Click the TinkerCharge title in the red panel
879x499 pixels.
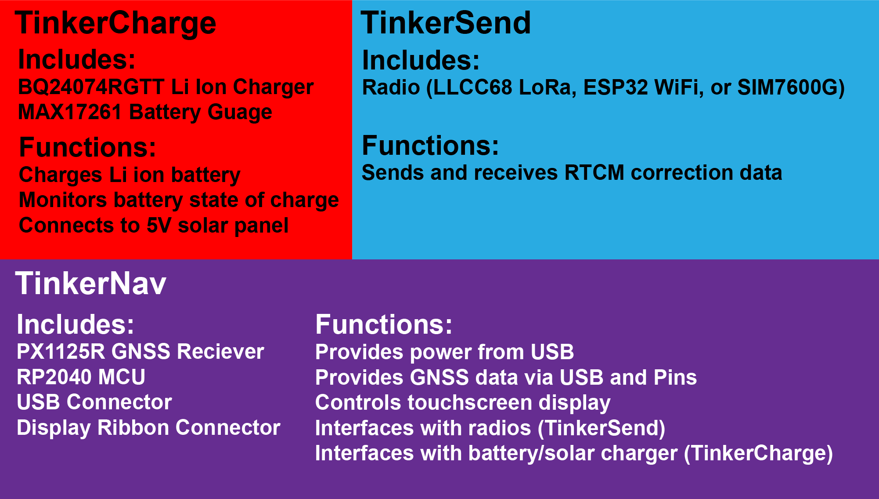tap(115, 23)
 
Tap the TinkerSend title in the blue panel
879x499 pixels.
tap(446, 23)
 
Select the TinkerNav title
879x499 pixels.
tap(91, 283)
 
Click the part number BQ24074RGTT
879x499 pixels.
tap(91, 87)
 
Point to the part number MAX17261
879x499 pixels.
tap(70, 112)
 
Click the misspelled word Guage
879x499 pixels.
tap(240, 112)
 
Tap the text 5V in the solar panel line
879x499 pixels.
tap(159, 226)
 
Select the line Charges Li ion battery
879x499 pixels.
tap(130, 175)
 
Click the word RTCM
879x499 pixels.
tap(594, 173)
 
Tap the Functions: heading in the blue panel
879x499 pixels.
tap(430, 146)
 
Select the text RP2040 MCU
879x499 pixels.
tap(81, 377)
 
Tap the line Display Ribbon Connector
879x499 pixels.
tap(148, 428)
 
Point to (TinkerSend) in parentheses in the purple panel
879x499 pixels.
tap(602, 428)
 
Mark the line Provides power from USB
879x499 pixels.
tap(444, 352)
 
